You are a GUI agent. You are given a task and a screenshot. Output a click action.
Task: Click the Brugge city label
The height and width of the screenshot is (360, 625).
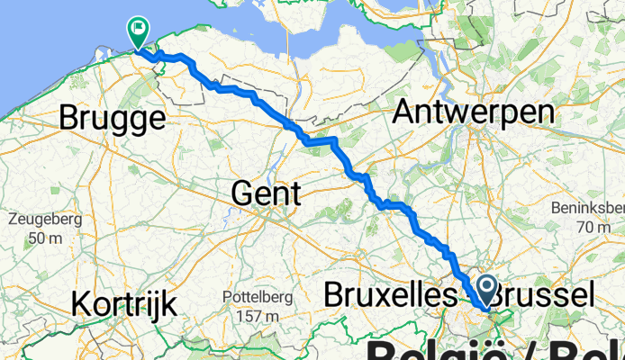tap(113, 119)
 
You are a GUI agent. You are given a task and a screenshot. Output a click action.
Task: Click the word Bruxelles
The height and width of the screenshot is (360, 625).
tap(385, 294)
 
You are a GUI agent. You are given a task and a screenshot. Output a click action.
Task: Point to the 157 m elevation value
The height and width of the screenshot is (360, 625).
tap(255, 316)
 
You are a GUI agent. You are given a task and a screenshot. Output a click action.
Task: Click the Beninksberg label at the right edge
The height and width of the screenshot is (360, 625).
tap(589, 208)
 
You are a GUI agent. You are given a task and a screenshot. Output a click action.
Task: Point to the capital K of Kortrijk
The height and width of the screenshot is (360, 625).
tap(81, 303)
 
